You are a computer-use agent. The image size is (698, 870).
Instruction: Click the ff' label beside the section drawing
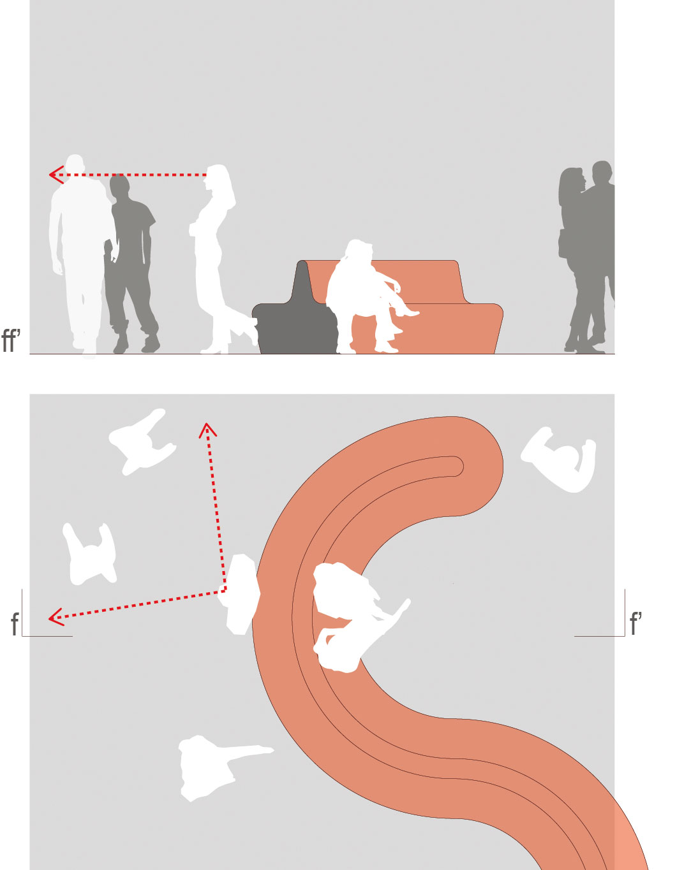coord(11,341)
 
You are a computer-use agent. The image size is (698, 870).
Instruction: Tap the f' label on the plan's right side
coord(635,623)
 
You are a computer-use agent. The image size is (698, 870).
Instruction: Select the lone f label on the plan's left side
coord(15,624)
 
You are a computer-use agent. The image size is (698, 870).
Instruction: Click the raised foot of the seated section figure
coord(408,312)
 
